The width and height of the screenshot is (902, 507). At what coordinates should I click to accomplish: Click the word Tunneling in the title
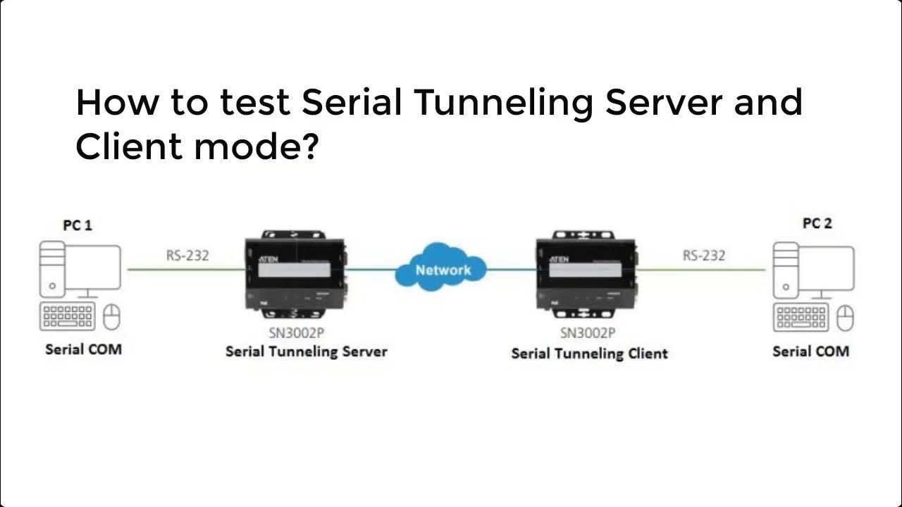[503, 103]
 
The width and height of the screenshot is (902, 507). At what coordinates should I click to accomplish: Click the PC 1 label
[78, 225]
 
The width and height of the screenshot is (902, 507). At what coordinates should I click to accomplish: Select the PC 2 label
[817, 223]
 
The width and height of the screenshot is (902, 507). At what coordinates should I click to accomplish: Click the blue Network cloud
[443, 269]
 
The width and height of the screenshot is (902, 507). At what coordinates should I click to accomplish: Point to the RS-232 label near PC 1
[187, 255]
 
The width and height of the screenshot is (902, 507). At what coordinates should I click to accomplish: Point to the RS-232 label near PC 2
[704, 255]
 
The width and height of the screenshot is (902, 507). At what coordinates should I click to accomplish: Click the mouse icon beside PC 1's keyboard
[112, 318]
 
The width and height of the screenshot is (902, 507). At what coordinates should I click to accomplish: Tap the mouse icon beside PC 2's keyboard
[846, 318]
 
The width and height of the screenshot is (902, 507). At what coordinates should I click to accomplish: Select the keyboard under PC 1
[69, 318]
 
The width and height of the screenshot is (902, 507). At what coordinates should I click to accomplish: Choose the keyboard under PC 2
[802, 318]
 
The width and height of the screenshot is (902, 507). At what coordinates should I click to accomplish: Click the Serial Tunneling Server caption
[306, 351]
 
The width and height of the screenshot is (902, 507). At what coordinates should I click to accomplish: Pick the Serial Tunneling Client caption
[589, 353]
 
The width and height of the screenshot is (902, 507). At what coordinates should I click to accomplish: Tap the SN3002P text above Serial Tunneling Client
[588, 333]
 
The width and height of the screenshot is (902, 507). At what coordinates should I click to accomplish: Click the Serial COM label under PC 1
[83, 349]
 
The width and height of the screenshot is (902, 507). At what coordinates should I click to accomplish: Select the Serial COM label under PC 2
[810, 351]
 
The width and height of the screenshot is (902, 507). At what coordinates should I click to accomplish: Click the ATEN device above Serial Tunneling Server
[295, 272]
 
